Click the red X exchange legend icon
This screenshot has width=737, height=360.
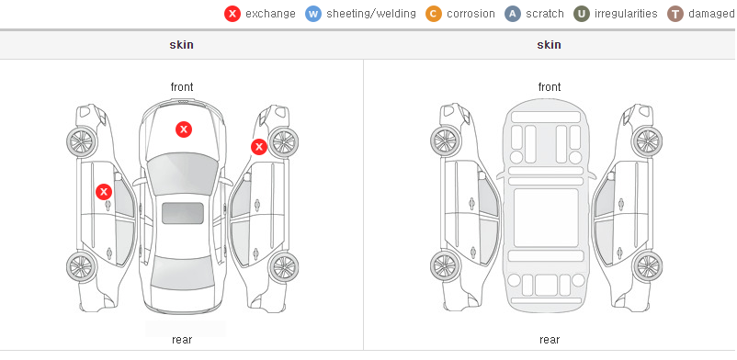(232, 14)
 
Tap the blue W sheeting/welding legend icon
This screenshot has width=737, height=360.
(313, 14)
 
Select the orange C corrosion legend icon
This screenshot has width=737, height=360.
(434, 14)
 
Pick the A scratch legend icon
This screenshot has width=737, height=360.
(513, 14)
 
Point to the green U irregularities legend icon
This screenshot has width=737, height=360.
(582, 14)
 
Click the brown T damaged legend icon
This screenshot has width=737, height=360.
(675, 14)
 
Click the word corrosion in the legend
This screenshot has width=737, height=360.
(471, 14)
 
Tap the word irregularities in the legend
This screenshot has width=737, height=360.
(626, 14)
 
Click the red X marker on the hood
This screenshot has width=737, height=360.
(184, 129)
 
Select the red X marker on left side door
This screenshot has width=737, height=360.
(104, 192)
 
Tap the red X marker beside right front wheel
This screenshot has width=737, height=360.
(259, 147)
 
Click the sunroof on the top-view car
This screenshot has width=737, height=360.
(183, 213)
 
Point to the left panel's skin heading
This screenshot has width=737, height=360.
(181, 45)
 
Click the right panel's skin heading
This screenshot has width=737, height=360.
(549, 45)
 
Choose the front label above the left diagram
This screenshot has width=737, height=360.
(182, 87)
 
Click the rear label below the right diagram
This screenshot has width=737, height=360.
(550, 340)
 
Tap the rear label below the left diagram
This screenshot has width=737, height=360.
(182, 340)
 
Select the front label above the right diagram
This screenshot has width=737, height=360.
(550, 87)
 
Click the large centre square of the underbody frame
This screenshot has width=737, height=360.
(546, 218)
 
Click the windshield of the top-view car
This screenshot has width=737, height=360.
(183, 174)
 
